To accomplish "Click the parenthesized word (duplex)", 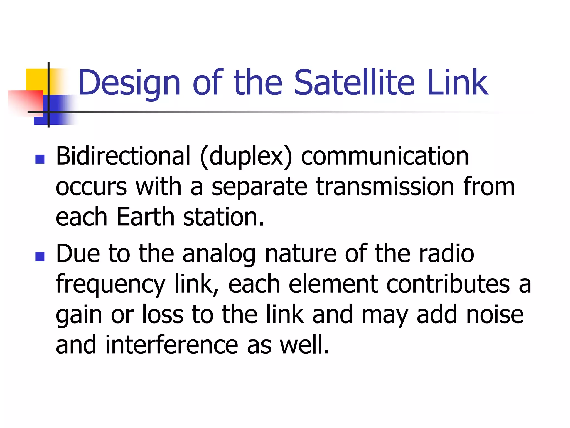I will click(246, 157).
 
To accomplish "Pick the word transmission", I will click(385, 187).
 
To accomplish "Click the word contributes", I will click(448, 284).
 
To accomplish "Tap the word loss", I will click(163, 314).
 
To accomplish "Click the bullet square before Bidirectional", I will click(40, 159).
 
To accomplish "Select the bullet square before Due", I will click(40, 256).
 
